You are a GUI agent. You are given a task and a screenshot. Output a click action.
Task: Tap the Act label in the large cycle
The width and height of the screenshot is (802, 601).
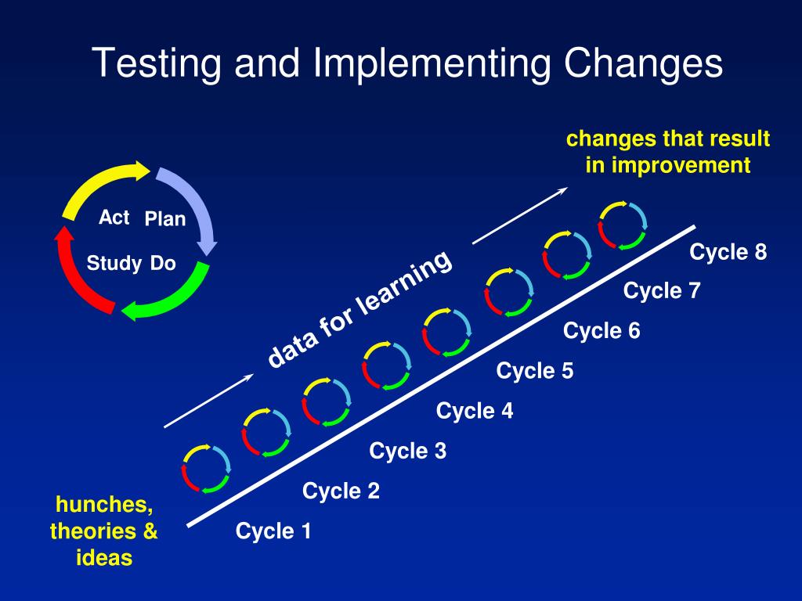(114, 218)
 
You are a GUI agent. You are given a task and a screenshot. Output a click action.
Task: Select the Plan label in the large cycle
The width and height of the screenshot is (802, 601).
(165, 219)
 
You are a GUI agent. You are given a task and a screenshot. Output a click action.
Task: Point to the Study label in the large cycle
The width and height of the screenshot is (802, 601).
(114, 264)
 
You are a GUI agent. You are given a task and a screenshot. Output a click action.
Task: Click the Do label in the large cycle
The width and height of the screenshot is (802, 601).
(163, 264)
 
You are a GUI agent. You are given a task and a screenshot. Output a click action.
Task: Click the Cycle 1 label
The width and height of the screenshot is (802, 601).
(273, 532)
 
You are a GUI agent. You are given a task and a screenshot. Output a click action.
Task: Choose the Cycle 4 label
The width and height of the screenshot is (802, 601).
(475, 410)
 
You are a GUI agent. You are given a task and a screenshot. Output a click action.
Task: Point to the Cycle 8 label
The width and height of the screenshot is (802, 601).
(728, 253)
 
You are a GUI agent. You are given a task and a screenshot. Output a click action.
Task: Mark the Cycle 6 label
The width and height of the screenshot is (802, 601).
(601, 331)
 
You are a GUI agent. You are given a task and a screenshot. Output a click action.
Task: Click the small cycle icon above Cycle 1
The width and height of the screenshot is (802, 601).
(206, 468)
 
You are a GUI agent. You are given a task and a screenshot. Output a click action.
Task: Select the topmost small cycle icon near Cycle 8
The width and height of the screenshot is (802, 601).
(623, 225)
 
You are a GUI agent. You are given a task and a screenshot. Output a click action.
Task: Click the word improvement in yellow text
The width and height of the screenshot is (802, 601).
(680, 165)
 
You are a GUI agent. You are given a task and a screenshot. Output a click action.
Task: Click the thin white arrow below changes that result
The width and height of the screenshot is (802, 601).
(520, 214)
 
